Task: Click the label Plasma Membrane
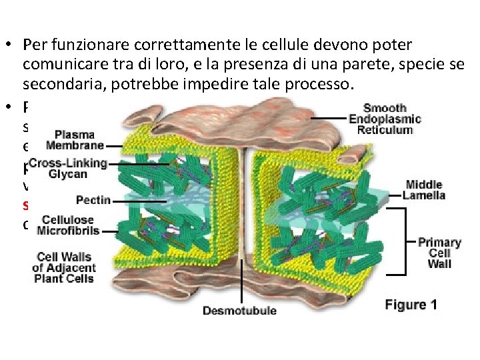[x=75, y=140]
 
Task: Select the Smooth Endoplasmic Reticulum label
[x=385, y=119]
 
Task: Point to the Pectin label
[x=93, y=199]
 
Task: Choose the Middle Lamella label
[x=425, y=190]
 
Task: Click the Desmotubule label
[x=239, y=310]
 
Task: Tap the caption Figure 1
[x=411, y=305]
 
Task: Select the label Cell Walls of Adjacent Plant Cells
[x=66, y=267]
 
